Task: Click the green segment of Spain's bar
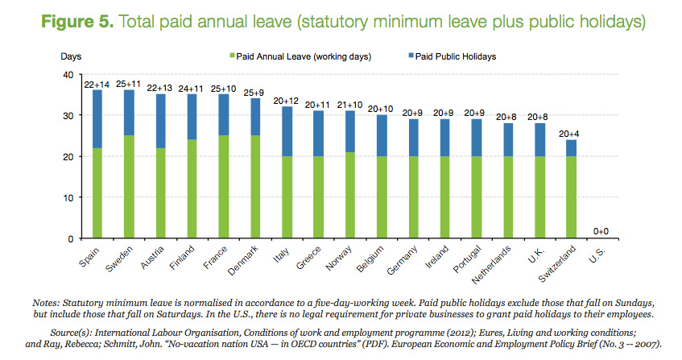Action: coord(97,193)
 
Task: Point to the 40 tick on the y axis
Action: coord(68,75)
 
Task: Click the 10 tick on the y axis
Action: coord(68,198)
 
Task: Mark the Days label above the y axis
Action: coord(71,56)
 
